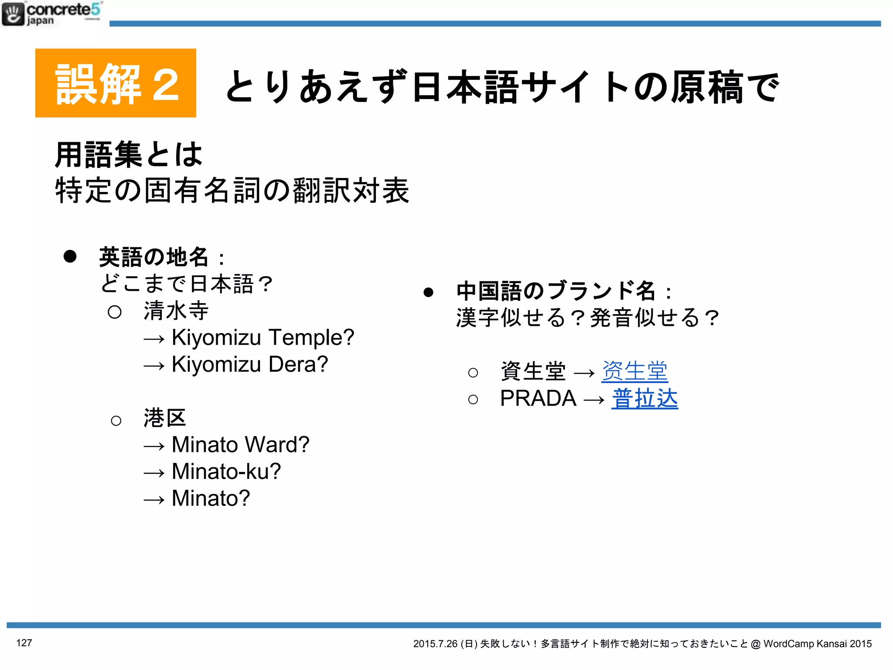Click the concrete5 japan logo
pos(51,14)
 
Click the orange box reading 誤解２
pos(116,83)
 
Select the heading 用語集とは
pos(129,154)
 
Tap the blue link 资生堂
pos(634,372)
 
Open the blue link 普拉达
pos(644,399)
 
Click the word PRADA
pos(538,398)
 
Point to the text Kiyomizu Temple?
pos(263,338)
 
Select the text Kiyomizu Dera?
pos(250,365)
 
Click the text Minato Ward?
pos(240,445)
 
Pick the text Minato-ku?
pos(226,472)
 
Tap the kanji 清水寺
pos(176,311)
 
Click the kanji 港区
pos(165,418)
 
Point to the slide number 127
pos(24,643)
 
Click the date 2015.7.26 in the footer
pos(435,644)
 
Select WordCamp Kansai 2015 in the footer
pos(818,644)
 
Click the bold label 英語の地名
pos(153,257)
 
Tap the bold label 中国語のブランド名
pos(556,291)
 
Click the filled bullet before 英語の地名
pos(70,256)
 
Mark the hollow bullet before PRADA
pos(473,399)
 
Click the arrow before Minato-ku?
pos(154,473)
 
